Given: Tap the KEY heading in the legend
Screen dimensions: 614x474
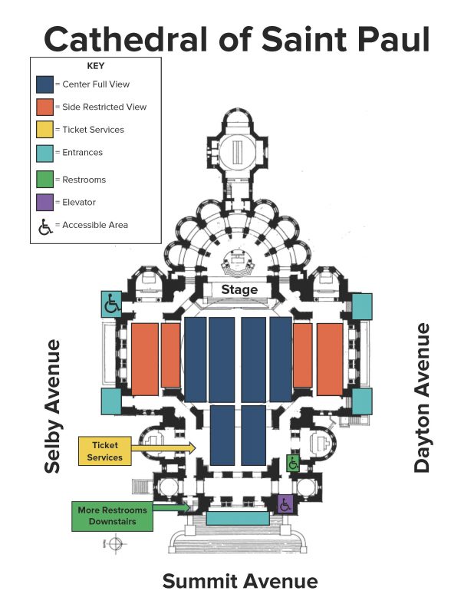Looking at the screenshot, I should [x=96, y=66].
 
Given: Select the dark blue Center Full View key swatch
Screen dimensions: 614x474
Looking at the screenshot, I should [x=44, y=84].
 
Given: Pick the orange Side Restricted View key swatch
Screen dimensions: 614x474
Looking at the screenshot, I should [x=44, y=107].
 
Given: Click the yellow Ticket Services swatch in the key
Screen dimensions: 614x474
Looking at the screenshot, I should [x=44, y=130].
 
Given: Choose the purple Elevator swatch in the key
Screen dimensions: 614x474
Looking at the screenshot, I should [x=44, y=202].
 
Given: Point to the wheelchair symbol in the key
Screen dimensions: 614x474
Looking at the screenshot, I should [x=45, y=226].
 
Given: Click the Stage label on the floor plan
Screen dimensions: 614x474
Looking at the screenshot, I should [x=239, y=289].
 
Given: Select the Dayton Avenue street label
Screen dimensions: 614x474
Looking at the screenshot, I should [x=422, y=398].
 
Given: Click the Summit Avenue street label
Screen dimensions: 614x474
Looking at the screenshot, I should [x=239, y=581].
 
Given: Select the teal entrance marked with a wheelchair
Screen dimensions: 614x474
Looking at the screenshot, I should [x=111, y=304].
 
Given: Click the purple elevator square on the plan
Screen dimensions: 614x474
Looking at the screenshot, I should [x=285, y=504].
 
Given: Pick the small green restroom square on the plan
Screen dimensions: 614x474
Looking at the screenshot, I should [x=292, y=463].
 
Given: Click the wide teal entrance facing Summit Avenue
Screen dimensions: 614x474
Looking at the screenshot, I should [x=237, y=518].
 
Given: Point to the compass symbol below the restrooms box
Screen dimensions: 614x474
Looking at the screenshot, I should [x=115, y=544].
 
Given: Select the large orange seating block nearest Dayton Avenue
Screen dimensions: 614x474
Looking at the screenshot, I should [x=330, y=358].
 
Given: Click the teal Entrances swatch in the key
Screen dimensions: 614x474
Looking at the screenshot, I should [x=44, y=153].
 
